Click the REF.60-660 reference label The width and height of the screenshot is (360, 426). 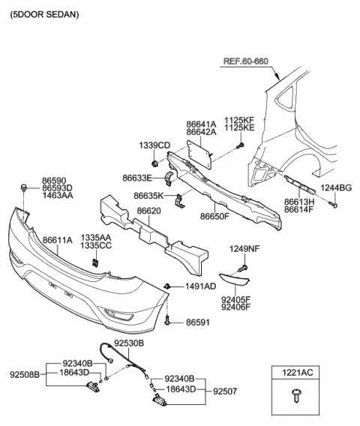point(245,61)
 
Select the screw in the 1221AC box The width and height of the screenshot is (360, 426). point(295,394)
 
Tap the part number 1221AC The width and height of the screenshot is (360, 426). point(297,372)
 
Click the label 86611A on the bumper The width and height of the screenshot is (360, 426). point(58,240)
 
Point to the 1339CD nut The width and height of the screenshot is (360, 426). point(154,163)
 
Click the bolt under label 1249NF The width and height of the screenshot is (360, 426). point(243,268)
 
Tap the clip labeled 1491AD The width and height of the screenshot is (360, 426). point(167,286)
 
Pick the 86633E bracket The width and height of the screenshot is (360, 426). point(169,178)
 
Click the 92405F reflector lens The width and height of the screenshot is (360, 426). point(235,280)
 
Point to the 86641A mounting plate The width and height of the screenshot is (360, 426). point(199,153)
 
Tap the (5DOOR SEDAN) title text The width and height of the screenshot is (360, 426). point(44,14)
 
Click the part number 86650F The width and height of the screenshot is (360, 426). point(215,216)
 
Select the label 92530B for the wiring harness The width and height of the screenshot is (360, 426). point(129,343)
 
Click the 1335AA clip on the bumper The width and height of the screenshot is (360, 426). point(95,262)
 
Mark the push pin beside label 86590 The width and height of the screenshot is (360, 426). point(24,187)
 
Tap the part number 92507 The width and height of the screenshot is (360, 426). point(225,391)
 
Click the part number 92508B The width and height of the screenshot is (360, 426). point(25,375)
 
